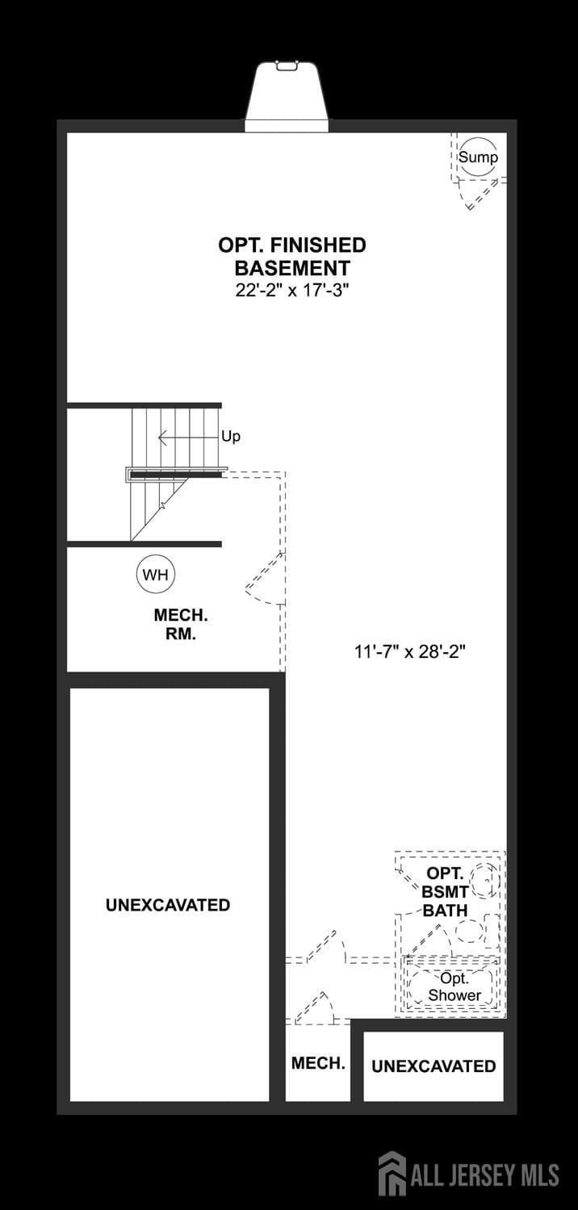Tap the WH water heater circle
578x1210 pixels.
click(156, 574)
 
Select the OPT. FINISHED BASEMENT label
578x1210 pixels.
click(292, 256)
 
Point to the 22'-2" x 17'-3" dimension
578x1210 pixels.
click(292, 291)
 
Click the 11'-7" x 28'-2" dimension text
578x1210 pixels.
click(409, 651)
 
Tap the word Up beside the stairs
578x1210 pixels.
click(231, 437)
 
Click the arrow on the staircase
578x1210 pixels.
click(188, 438)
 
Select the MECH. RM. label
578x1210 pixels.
click(181, 625)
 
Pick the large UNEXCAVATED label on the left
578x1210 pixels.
click(168, 905)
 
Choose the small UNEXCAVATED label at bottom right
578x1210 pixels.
click(433, 1066)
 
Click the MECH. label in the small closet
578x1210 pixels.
click(318, 1063)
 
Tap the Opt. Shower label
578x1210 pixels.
click(454, 986)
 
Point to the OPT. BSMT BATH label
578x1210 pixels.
click(445, 892)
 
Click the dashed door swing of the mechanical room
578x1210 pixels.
click(265, 580)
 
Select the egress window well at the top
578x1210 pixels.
click(287, 97)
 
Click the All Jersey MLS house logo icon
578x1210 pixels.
click(392, 1180)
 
